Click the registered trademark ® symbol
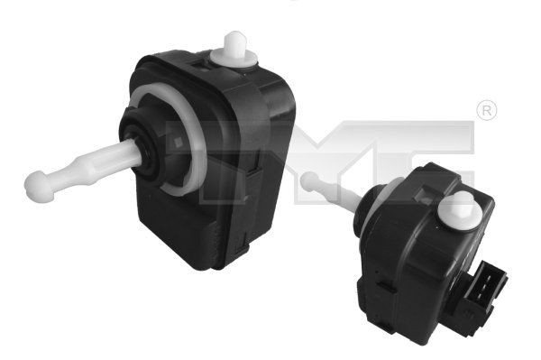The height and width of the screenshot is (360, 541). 485,111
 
